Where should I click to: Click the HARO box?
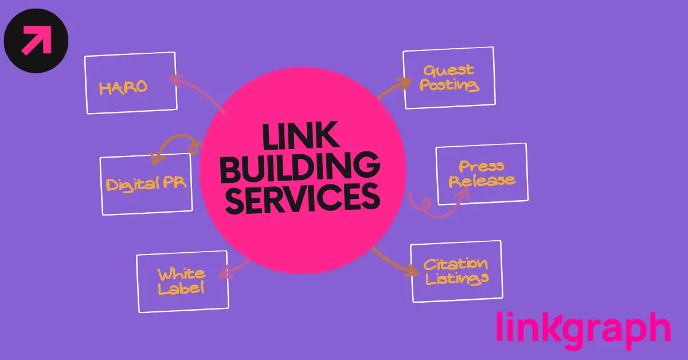[x=130, y=83]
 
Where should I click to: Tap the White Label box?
[x=182, y=281]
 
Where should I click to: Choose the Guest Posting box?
[x=449, y=78]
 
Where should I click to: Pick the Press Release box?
[x=482, y=174]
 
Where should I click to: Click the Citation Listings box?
[x=456, y=271]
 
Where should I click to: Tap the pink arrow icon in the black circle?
[x=36, y=41]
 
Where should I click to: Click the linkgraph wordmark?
[x=583, y=330]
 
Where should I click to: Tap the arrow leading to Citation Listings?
[x=396, y=261]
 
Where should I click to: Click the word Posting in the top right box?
[x=449, y=86]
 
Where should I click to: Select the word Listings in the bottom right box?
[x=456, y=279]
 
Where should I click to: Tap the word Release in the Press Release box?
[x=482, y=181]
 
